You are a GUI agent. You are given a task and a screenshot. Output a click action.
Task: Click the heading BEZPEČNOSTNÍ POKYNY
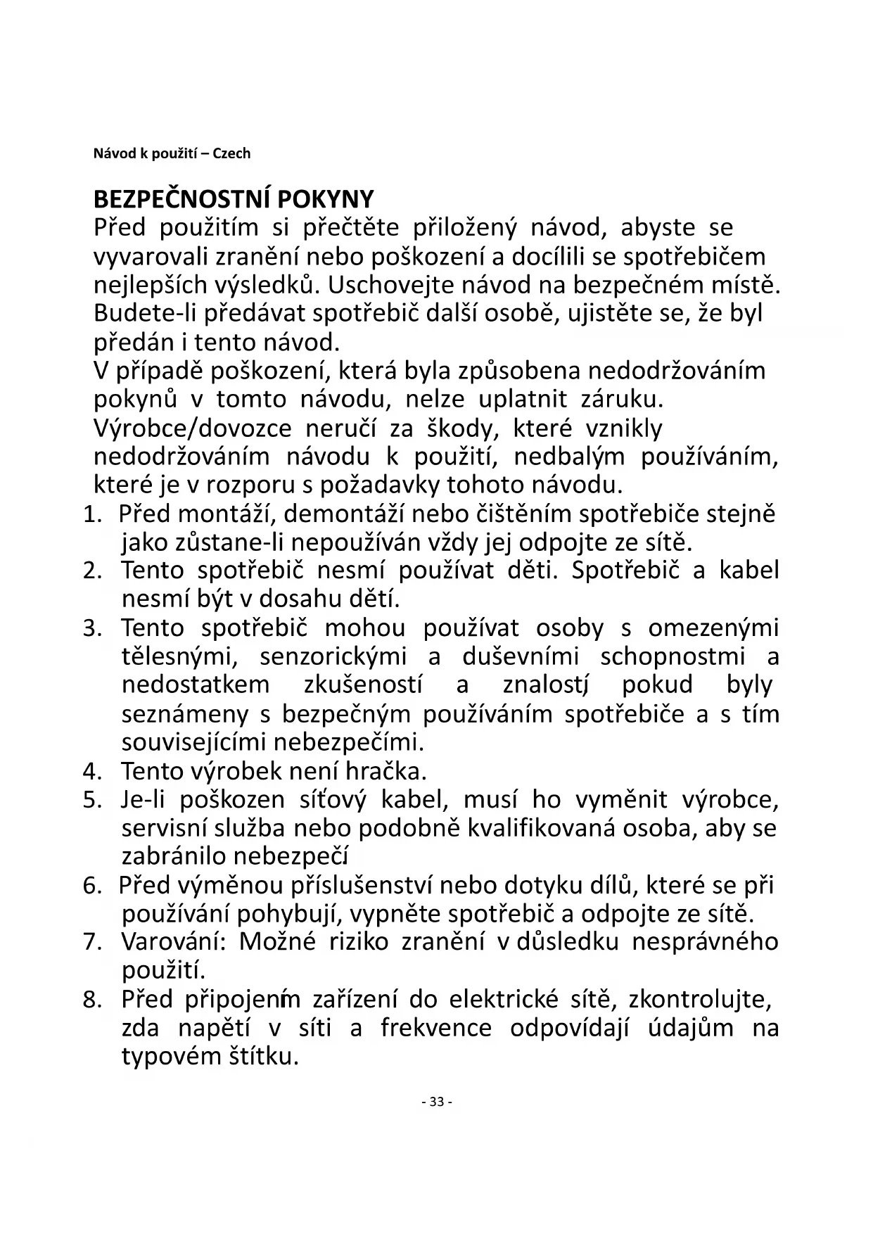click(x=234, y=199)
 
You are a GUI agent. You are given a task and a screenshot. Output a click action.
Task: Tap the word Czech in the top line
click(x=231, y=153)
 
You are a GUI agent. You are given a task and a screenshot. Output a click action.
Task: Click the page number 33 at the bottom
click(x=436, y=1102)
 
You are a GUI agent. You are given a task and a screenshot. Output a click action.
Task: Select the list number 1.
click(x=89, y=515)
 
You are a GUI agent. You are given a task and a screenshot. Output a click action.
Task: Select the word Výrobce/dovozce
click(x=192, y=428)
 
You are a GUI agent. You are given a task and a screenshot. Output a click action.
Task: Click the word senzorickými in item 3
click(x=333, y=657)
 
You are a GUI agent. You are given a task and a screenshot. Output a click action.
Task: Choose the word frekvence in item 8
click(x=436, y=1028)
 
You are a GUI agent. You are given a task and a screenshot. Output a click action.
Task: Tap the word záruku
click(x=622, y=400)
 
